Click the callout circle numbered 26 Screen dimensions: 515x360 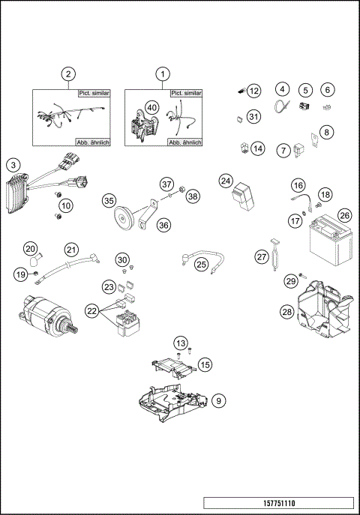coord(344,215)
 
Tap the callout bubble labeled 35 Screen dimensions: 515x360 coord(109,201)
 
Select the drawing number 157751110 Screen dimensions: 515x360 coord(277,503)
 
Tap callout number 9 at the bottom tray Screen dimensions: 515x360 coord(217,401)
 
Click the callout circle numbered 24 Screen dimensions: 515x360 coord(226,181)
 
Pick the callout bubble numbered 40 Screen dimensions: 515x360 coord(151,108)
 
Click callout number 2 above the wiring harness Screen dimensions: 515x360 coord(69,73)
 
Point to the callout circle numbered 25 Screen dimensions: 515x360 coord(201,264)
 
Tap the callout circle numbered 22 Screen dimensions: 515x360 coord(93,310)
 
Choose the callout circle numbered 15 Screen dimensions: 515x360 coord(205,364)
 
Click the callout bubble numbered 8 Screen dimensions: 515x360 coord(327,133)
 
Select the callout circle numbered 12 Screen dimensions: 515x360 coord(254,91)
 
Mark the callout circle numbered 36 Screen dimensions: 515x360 coord(163,223)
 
